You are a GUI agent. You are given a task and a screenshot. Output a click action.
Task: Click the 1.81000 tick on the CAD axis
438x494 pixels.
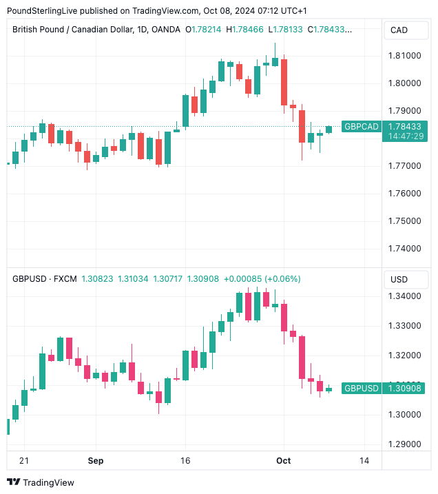pyautogui.click(x=406, y=55)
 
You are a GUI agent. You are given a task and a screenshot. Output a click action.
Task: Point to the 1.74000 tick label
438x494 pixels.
pyautogui.click(x=406, y=249)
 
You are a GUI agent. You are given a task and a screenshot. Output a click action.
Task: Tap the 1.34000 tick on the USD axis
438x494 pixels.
pyautogui.click(x=406, y=296)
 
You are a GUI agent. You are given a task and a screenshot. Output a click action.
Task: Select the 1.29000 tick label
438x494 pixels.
pyautogui.click(x=406, y=444)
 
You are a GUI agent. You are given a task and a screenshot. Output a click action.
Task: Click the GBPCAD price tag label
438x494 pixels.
pyautogui.click(x=362, y=127)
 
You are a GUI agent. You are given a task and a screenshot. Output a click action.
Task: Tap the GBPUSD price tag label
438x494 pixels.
pyautogui.click(x=362, y=389)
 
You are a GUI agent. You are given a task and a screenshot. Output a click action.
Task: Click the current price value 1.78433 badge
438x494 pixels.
pyautogui.click(x=405, y=127)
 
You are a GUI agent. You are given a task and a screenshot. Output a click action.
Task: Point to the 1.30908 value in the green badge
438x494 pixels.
pyautogui.click(x=405, y=389)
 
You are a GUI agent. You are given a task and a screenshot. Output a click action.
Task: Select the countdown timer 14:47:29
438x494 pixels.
pyautogui.click(x=405, y=136)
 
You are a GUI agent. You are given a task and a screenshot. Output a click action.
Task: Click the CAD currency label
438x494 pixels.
pyautogui.click(x=399, y=30)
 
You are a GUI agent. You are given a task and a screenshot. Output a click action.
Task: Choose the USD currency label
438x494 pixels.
pyautogui.click(x=399, y=279)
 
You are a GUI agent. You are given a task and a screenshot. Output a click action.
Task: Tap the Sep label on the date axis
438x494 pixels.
pyautogui.click(x=96, y=460)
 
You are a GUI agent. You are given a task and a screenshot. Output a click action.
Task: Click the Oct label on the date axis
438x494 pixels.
pyautogui.click(x=283, y=460)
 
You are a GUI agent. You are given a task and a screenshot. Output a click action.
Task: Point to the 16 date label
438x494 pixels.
pyautogui.click(x=185, y=460)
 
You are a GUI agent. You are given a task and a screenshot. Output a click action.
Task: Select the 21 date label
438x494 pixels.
pyautogui.click(x=25, y=460)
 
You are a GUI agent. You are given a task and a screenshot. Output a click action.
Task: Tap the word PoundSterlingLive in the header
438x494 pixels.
pyautogui.click(x=43, y=10)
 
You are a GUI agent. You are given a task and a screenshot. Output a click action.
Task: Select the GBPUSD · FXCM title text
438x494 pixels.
pyautogui.click(x=44, y=279)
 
